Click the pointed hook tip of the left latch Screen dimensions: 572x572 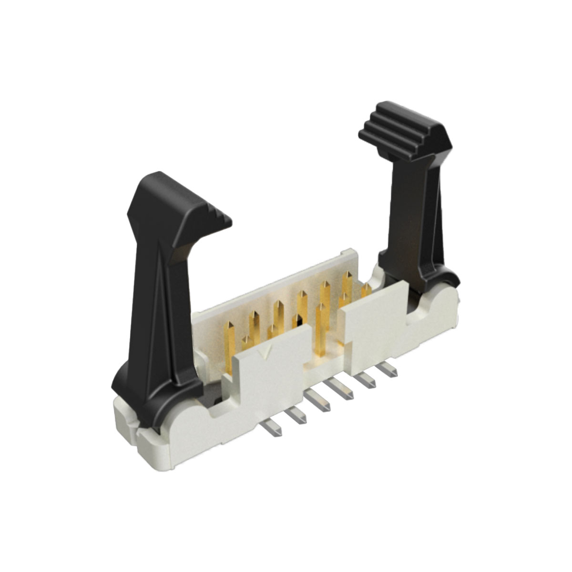click(x=224, y=222)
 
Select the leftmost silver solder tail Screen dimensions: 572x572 click(x=273, y=428)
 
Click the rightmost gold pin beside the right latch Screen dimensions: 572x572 click(x=366, y=291)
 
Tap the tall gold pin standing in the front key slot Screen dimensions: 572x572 click(x=321, y=329)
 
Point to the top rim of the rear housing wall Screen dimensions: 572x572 click(x=276, y=281)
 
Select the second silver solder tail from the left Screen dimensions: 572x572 click(x=298, y=416)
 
